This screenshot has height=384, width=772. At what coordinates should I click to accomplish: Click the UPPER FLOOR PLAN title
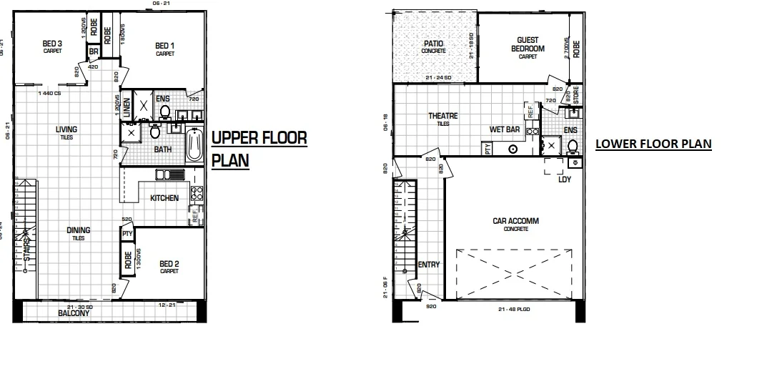259,149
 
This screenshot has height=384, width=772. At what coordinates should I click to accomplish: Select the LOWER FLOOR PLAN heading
653,144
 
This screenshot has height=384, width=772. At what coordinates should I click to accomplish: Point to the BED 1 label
165,46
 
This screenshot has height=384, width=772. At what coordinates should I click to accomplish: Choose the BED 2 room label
169,263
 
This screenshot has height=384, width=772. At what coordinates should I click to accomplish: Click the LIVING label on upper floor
66,129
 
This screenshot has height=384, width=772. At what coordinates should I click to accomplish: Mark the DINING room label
78,230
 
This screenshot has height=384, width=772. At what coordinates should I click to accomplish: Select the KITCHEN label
164,198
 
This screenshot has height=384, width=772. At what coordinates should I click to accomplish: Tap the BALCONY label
74,313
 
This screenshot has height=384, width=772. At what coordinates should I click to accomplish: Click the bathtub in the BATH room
194,145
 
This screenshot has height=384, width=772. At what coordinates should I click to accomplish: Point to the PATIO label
433,44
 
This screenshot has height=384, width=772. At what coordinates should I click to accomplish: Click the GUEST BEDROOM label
528,45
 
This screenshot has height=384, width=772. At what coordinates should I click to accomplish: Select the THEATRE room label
443,116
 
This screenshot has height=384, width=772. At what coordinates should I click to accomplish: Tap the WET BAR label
504,130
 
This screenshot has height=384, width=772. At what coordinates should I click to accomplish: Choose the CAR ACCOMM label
515,222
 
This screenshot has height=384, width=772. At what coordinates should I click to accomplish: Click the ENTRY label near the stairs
429,265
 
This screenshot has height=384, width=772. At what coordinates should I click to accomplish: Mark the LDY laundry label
564,179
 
